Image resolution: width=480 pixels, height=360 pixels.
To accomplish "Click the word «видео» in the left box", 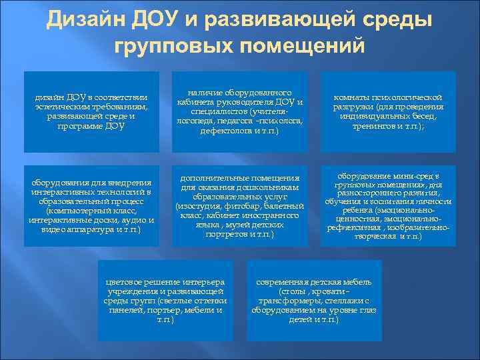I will [x=52, y=229].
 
